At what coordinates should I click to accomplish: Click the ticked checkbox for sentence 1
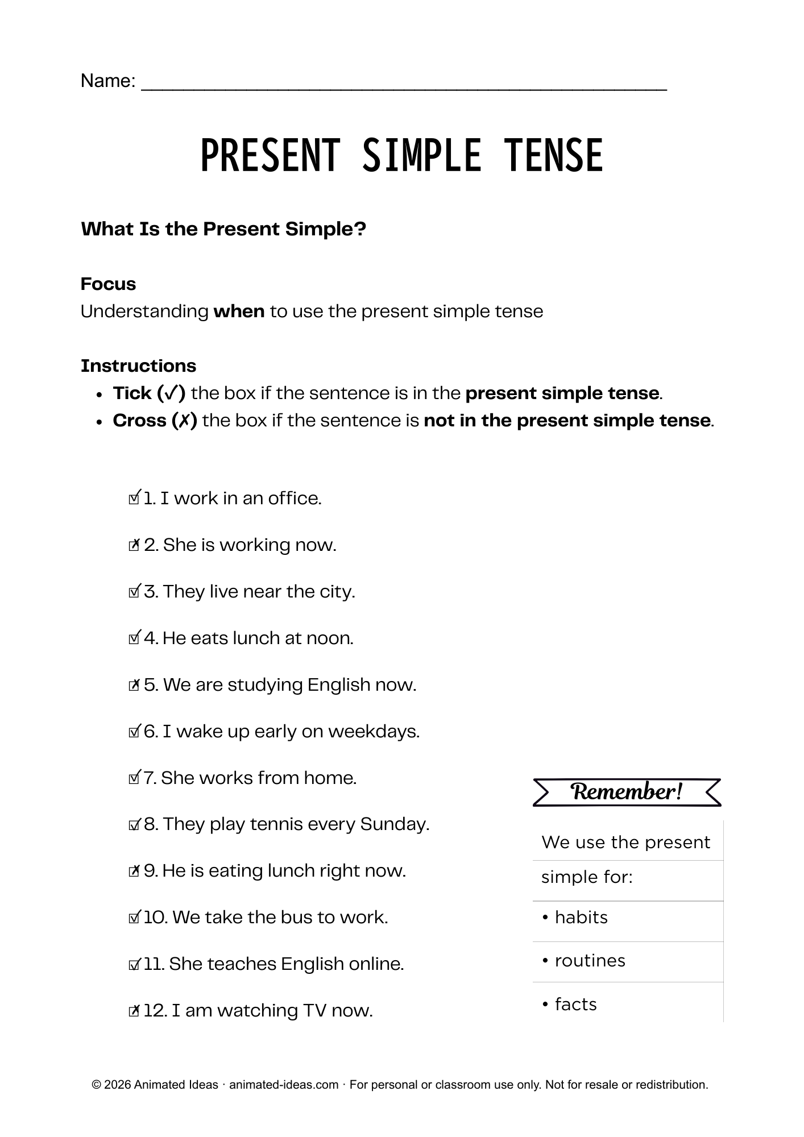[x=134, y=499]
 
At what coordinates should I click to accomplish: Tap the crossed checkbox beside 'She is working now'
[x=134, y=546]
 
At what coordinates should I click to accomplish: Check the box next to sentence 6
[x=134, y=732]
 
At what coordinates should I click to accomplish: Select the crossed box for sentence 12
[x=134, y=1011]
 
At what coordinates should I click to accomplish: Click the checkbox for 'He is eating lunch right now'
[x=134, y=872]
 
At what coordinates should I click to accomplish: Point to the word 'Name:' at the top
[x=108, y=81]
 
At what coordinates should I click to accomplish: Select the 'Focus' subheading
[x=108, y=284]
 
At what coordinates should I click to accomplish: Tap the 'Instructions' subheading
[x=138, y=366]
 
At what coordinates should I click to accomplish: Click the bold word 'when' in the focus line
[x=239, y=312]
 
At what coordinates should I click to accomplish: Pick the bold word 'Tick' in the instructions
[x=132, y=393]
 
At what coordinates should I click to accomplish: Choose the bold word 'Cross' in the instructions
[x=139, y=421]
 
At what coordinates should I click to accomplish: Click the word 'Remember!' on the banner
[x=627, y=792]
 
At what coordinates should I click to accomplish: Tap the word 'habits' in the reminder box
[x=581, y=918]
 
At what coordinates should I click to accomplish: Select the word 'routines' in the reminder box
[x=590, y=961]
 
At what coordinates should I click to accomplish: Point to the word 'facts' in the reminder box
[x=575, y=1005]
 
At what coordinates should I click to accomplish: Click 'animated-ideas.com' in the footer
[x=284, y=1085]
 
